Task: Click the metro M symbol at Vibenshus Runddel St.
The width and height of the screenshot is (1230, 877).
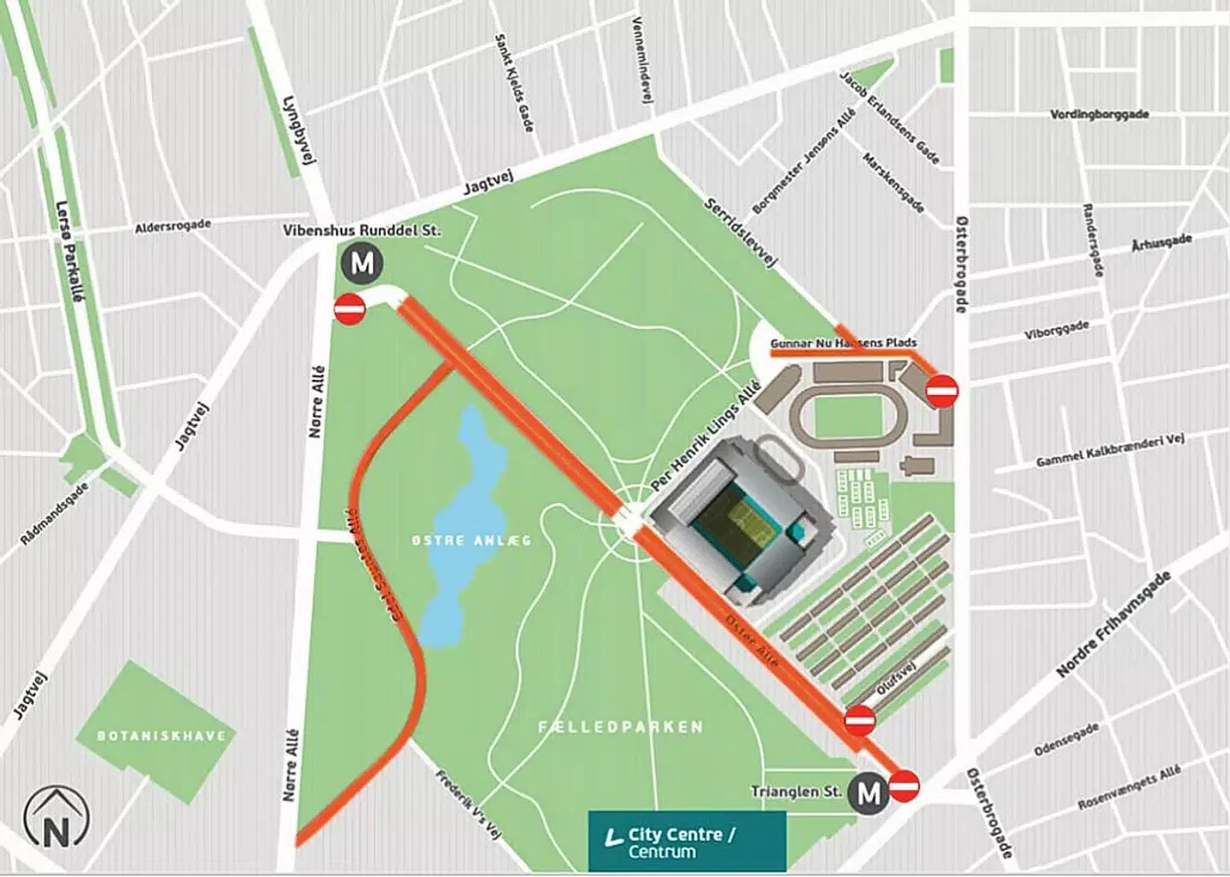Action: (362, 264)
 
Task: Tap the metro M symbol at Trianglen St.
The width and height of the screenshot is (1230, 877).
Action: (869, 793)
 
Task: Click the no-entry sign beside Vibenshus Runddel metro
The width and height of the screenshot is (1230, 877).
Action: (349, 309)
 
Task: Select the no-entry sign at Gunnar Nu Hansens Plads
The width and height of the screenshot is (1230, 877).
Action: (943, 391)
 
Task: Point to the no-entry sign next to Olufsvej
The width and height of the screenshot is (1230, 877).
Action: (860, 721)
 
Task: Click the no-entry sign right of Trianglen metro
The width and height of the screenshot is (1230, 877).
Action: (905, 786)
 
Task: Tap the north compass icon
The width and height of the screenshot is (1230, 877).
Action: (57, 818)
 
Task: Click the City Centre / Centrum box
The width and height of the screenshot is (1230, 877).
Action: (687, 842)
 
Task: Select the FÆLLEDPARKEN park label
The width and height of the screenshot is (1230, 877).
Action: (621, 728)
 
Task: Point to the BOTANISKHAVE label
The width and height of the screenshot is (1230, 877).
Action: (161, 736)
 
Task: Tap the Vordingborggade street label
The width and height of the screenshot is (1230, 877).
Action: (1099, 114)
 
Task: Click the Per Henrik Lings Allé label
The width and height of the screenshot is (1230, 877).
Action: (705, 436)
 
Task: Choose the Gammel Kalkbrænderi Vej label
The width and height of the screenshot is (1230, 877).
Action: (1098, 450)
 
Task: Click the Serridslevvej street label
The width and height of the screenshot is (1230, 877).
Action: (741, 235)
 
